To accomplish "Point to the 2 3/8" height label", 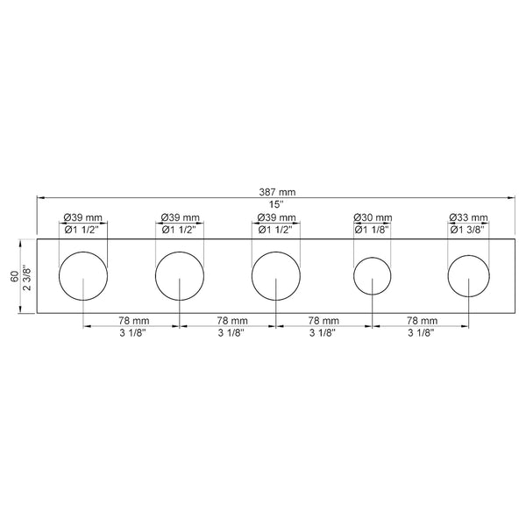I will coord(26,276).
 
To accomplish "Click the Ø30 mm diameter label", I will coord(371,217).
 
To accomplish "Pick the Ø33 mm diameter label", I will coord(467,217).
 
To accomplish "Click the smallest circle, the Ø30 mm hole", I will coord(373,277).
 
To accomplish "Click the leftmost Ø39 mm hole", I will coord(83,277).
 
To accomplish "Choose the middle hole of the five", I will coord(276,277).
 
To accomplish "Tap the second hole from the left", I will coord(180,277).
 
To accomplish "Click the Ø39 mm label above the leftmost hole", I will coord(83,217).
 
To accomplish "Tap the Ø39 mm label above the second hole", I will coord(180,217).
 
